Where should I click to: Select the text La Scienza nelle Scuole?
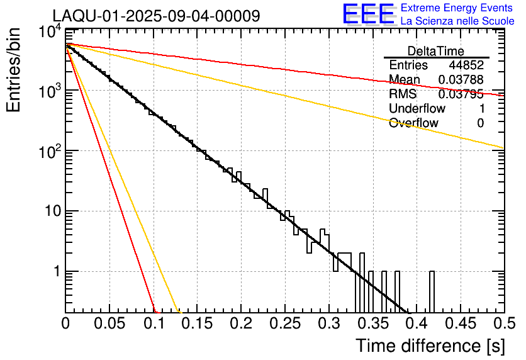coord(457,21)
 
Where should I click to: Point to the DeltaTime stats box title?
coord(435,51)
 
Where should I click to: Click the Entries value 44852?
coord(466,65)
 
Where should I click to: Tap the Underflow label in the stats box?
coord(417,109)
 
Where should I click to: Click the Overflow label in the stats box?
coord(413,123)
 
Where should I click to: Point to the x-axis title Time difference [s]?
coord(430,346)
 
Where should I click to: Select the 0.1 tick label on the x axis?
coord(154,323)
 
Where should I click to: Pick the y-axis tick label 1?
coord(56,272)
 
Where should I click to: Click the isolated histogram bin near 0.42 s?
coord(432,291)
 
